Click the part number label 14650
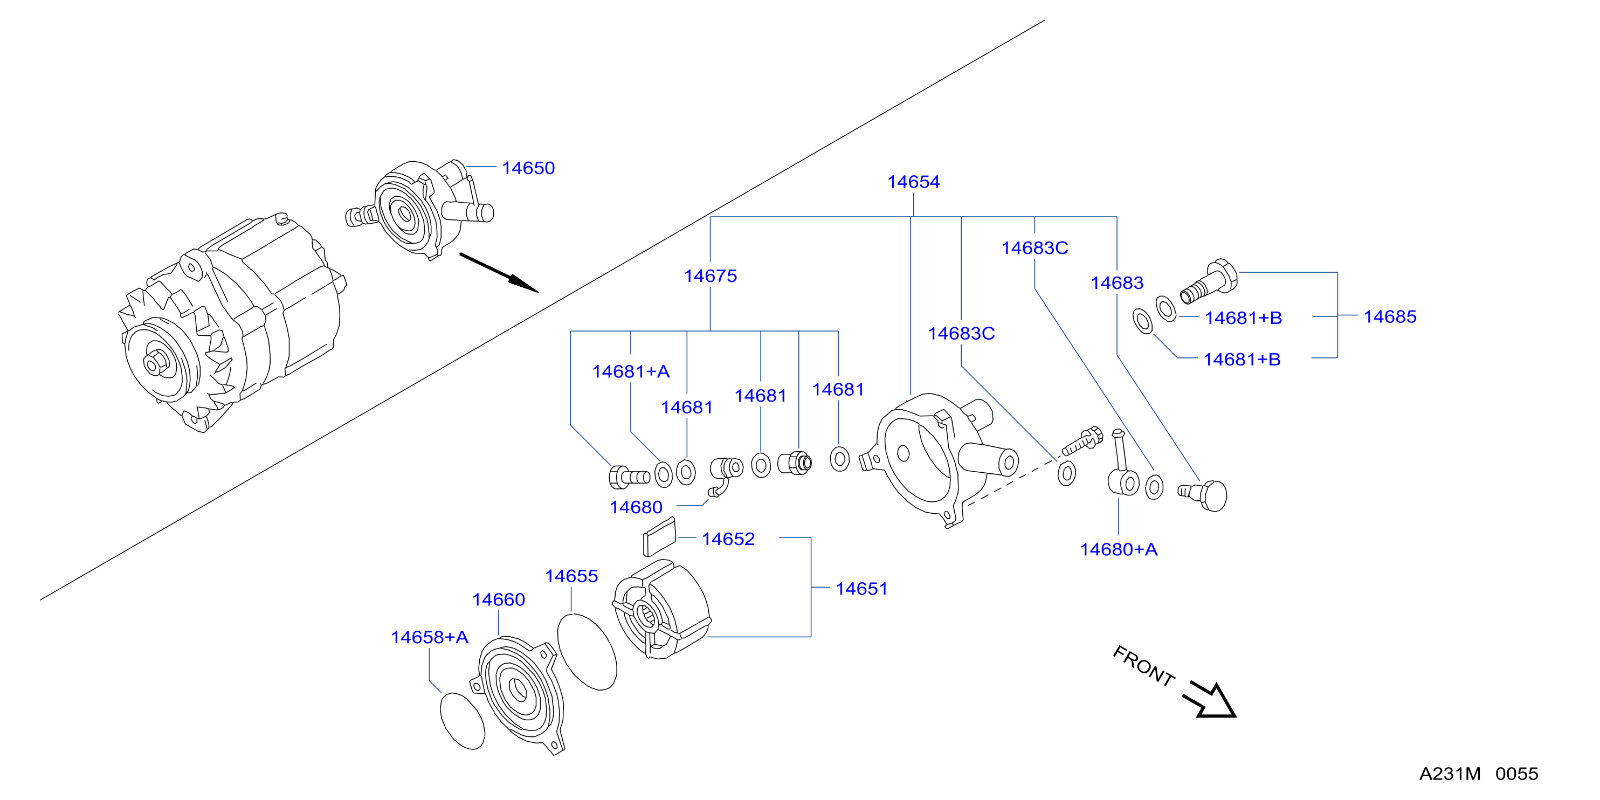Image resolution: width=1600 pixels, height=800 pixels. pos(528,168)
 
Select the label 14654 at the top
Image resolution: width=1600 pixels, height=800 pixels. pos(913,182)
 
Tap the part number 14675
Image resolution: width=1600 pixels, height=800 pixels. pos(710,276)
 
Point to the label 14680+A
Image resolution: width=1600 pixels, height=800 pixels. pos(1118,550)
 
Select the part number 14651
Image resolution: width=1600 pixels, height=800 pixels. pos(861,589)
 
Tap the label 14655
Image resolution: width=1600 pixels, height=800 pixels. pos(571,576)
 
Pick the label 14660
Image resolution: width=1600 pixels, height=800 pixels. pos(498,600)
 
